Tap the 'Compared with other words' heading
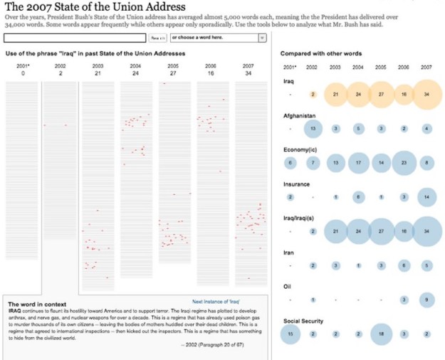pos(320,53)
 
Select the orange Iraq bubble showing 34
pos(427,95)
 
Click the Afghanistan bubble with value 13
pos(312,129)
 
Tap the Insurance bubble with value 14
pos(427,197)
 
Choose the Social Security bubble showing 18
pos(382,334)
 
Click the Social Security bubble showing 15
pos(290,334)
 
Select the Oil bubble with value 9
pos(427,300)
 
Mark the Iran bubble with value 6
pos(404,265)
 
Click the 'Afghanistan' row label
pos(299,115)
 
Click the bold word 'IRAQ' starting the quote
pos(14,311)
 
